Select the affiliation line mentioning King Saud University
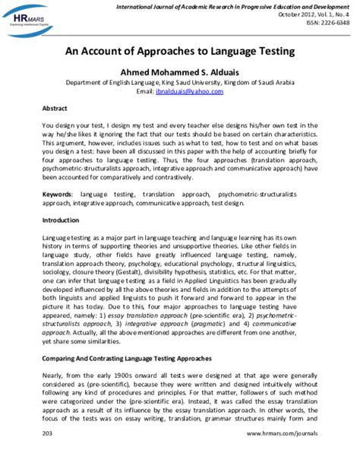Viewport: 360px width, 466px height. (x=180, y=81)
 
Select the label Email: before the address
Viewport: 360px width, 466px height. (x=146, y=91)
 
